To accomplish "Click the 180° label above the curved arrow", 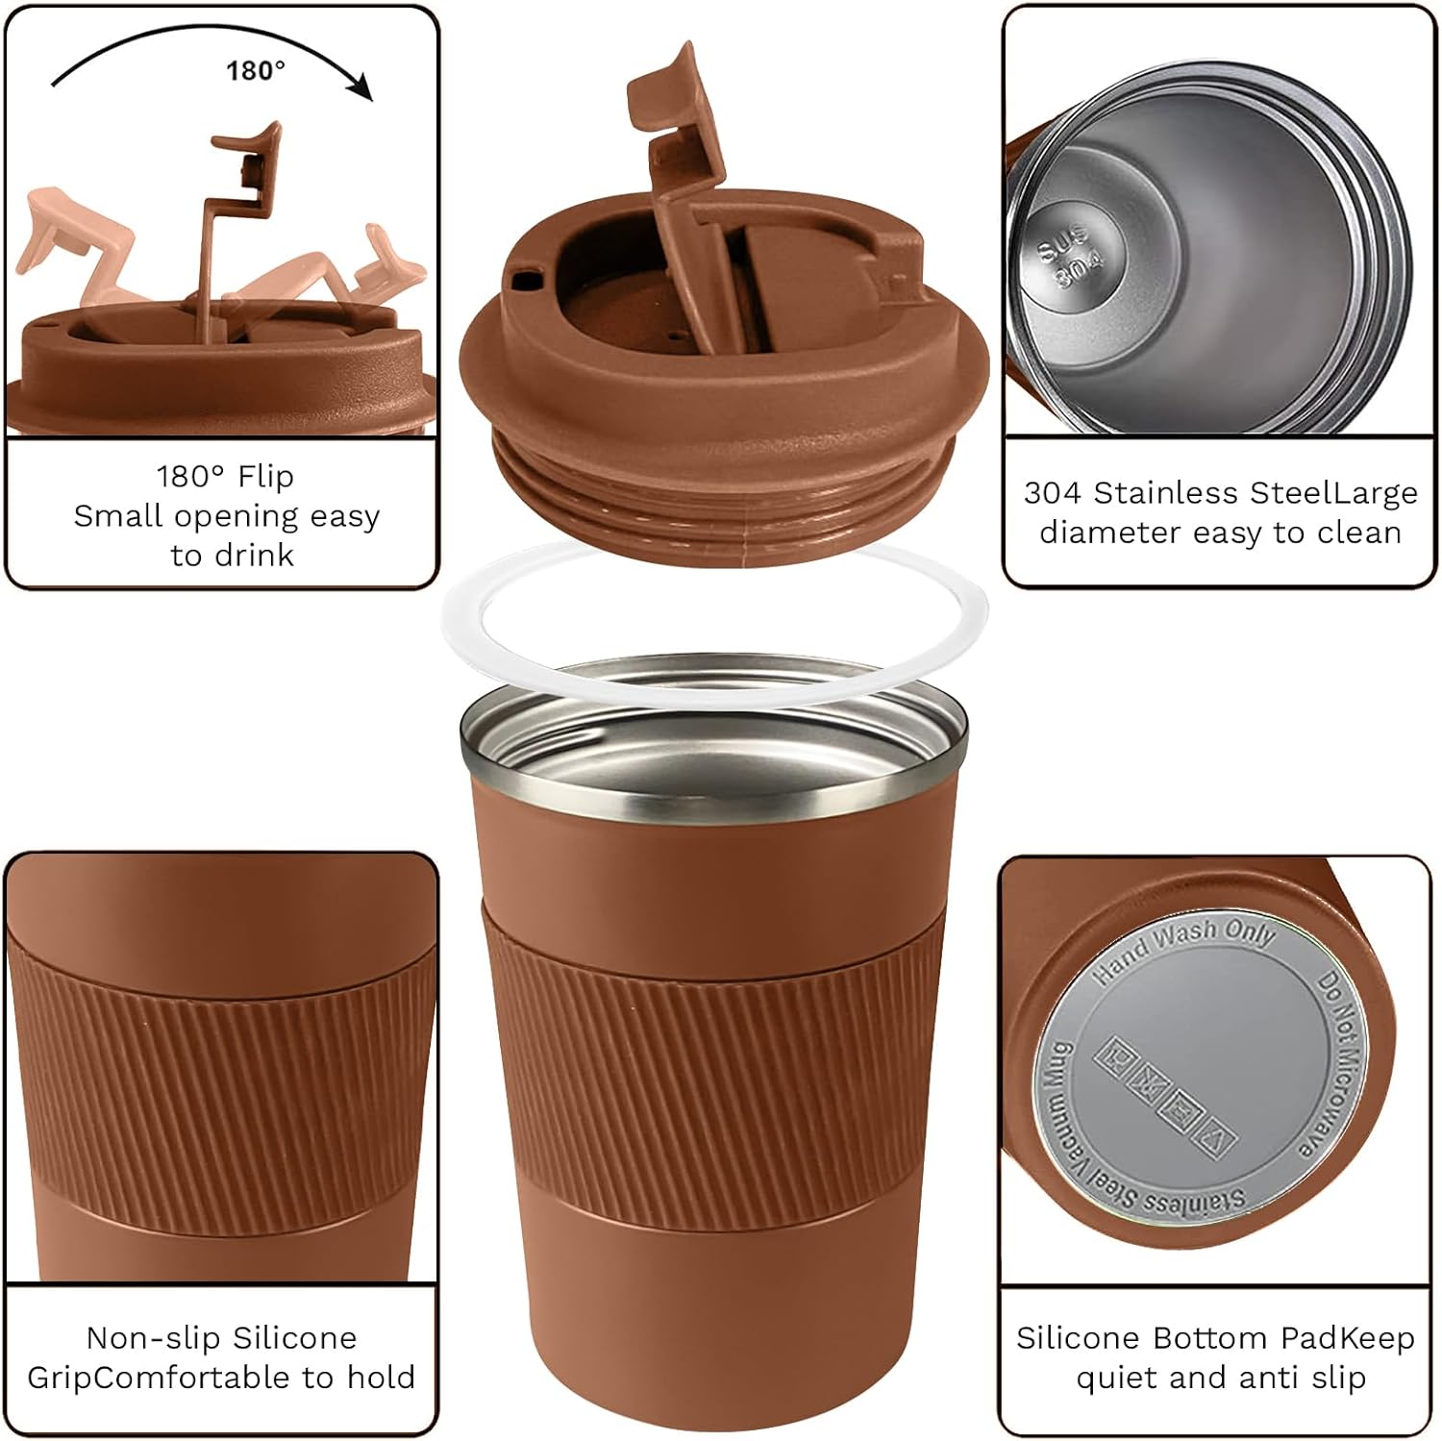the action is (x=256, y=70).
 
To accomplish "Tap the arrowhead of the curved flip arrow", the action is (x=360, y=89).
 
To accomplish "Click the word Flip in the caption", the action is (x=265, y=477).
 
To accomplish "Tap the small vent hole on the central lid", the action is (x=525, y=279).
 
